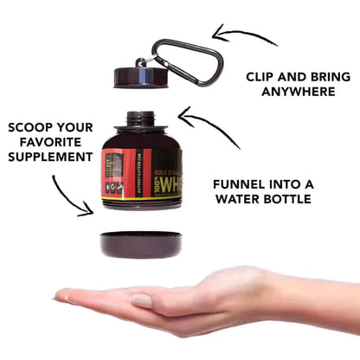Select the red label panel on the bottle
tap(118, 169)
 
